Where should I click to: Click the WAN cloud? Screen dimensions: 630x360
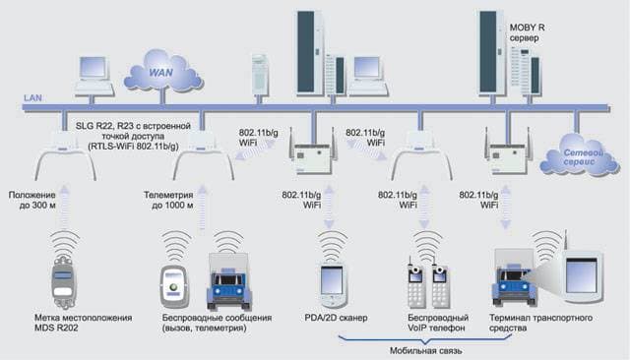coord(162,72)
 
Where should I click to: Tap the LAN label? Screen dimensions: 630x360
coord(32,98)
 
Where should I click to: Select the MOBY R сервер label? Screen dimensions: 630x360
coord(527,32)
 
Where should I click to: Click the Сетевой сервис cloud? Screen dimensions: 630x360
coord(579,156)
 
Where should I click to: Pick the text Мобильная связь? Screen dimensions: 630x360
coord(425,351)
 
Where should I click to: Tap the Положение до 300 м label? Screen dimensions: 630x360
coord(32,201)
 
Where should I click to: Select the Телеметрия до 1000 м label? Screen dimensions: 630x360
coord(168,201)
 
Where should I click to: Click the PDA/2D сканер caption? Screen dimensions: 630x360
coord(336,318)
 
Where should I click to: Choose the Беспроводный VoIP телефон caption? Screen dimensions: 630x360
coord(438,323)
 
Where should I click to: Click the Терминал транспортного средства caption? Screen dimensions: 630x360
coord(540,323)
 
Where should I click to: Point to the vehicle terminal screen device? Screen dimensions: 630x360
coord(582,276)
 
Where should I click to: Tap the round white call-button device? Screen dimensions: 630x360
coord(173,286)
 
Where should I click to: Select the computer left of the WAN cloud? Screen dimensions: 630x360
coord(94,77)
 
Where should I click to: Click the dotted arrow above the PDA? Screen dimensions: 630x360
coord(329,208)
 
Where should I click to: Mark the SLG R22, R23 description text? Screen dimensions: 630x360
coord(133,136)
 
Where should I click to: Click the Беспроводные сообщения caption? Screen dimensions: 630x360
coord(217,323)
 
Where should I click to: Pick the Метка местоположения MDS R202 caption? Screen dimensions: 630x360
coord(83,323)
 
